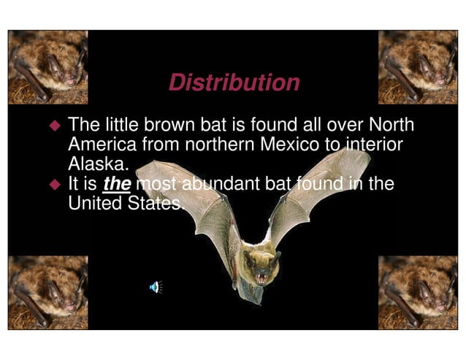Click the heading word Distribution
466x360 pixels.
(234, 83)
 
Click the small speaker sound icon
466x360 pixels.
(155, 286)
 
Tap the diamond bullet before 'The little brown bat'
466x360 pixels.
(53, 125)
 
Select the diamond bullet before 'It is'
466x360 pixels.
(53, 184)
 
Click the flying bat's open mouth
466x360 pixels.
(261, 277)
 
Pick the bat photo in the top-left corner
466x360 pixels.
(48, 67)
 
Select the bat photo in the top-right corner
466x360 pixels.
(419, 67)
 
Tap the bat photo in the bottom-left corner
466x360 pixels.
(48, 291)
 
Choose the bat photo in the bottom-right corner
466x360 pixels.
(419, 291)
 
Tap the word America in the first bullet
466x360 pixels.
(102, 144)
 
